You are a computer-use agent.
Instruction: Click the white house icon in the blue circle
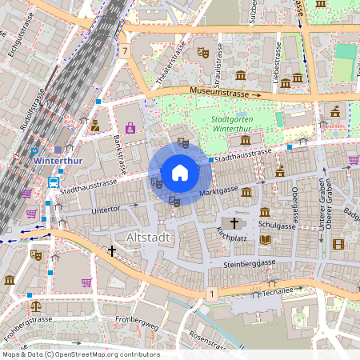179,172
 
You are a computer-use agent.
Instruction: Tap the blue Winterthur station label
58,160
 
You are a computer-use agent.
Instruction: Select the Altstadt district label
149,238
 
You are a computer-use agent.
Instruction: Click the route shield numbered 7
126,51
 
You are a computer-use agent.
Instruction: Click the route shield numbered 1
211,294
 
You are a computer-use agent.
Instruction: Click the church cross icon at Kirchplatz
234,222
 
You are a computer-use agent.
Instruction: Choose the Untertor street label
106,210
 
